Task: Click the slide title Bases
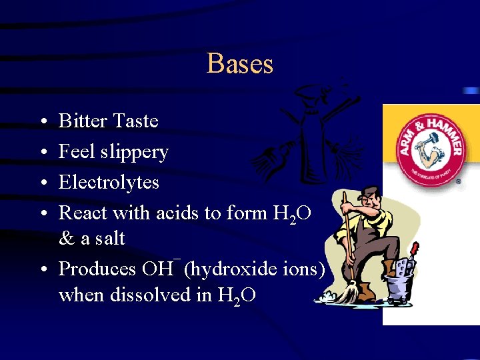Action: click(x=240, y=64)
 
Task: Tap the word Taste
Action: click(x=136, y=121)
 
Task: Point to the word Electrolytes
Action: click(x=109, y=182)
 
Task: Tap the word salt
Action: click(x=110, y=238)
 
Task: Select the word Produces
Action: click(x=97, y=269)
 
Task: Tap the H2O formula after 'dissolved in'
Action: click(x=236, y=295)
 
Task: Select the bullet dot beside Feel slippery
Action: click(x=42, y=153)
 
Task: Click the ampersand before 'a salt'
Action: click(x=66, y=238)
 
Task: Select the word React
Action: click(x=83, y=213)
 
